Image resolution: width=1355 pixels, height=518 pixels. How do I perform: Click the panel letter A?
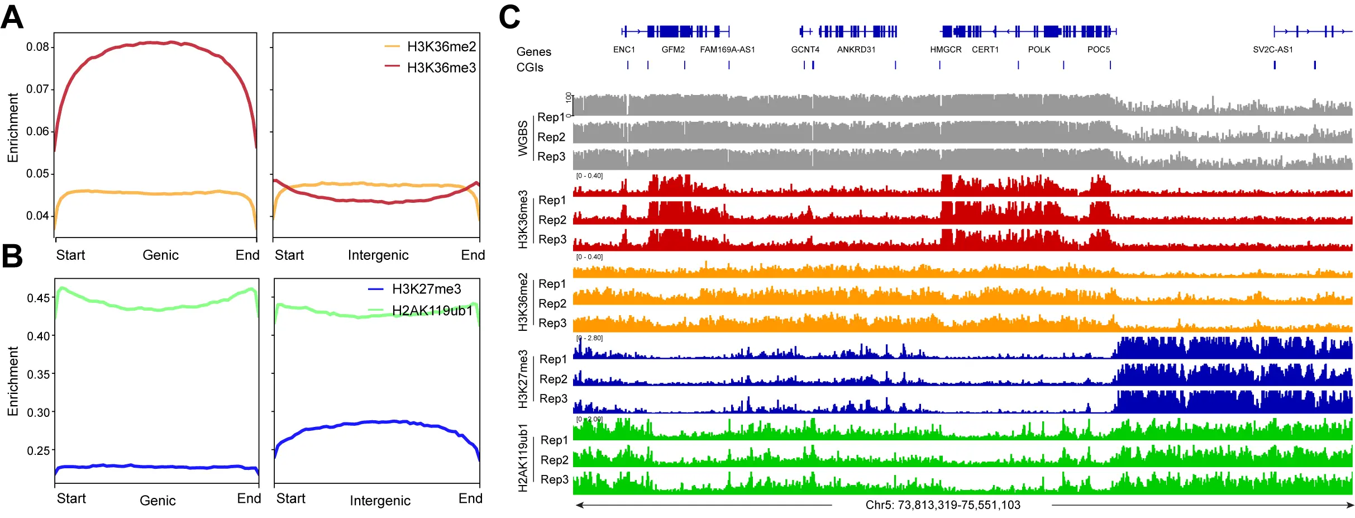click(12, 17)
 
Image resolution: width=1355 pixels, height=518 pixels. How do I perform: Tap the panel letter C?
click(509, 17)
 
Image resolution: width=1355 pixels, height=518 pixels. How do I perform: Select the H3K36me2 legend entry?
click(441, 46)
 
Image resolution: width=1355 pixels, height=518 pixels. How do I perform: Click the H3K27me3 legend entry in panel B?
click(426, 289)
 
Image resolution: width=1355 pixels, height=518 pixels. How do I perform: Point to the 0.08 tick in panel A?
click(37, 47)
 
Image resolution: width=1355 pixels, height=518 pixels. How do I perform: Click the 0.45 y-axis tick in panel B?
click(39, 298)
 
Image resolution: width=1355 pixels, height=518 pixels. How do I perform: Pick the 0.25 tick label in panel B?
click(39, 450)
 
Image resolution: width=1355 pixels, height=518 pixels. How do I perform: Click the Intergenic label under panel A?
click(378, 255)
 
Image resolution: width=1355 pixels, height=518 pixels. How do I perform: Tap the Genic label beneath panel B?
click(158, 501)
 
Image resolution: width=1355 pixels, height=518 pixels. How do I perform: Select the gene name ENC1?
click(624, 50)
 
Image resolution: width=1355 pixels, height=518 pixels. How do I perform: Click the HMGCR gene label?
click(946, 50)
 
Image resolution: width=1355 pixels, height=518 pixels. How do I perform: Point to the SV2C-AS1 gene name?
click(1273, 50)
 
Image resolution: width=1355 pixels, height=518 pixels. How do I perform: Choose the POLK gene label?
click(1039, 50)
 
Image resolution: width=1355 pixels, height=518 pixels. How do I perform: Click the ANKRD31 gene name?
click(856, 50)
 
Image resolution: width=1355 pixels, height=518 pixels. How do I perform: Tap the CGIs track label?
click(529, 68)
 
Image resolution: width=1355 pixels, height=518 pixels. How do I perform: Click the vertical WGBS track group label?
click(523, 138)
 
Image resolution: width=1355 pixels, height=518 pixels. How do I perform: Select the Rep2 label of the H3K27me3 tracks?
click(553, 379)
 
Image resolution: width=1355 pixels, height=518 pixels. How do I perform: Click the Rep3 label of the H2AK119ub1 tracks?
click(554, 479)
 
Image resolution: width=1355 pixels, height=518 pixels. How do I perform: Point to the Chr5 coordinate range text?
click(943, 505)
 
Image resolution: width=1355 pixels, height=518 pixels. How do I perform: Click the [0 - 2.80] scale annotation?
click(589, 338)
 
